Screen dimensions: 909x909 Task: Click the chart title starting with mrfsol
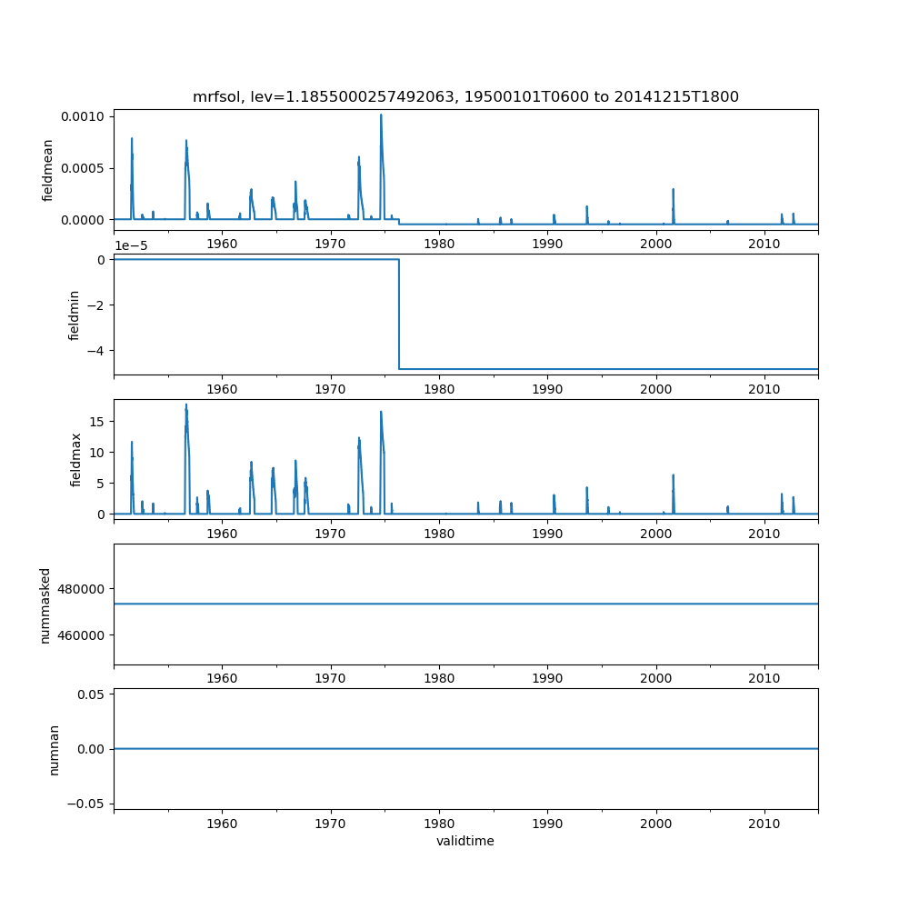pyautogui.click(x=465, y=96)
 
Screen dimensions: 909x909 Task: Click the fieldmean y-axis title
pyautogui.click(x=48, y=170)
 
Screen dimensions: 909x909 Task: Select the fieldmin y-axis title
pyautogui.click(x=75, y=315)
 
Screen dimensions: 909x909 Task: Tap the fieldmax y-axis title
pyautogui.click(x=76, y=459)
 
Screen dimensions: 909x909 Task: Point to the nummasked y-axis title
pyautogui.click(x=45, y=604)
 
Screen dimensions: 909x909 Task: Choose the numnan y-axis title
pyautogui.click(x=55, y=749)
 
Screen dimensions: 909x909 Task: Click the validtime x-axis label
pyautogui.click(x=465, y=842)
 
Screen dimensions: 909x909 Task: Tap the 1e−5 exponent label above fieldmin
pyautogui.click(x=135, y=245)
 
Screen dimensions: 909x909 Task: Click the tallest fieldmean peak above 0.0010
pyautogui.click(x=381, y=115)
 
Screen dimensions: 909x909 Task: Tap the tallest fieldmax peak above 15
pyautogui.click(x=186, y=405)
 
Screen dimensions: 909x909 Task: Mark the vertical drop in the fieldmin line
pyautogui.click(x=399, y=314)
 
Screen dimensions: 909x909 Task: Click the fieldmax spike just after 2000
pyautogui.click(x=674, y=475)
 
